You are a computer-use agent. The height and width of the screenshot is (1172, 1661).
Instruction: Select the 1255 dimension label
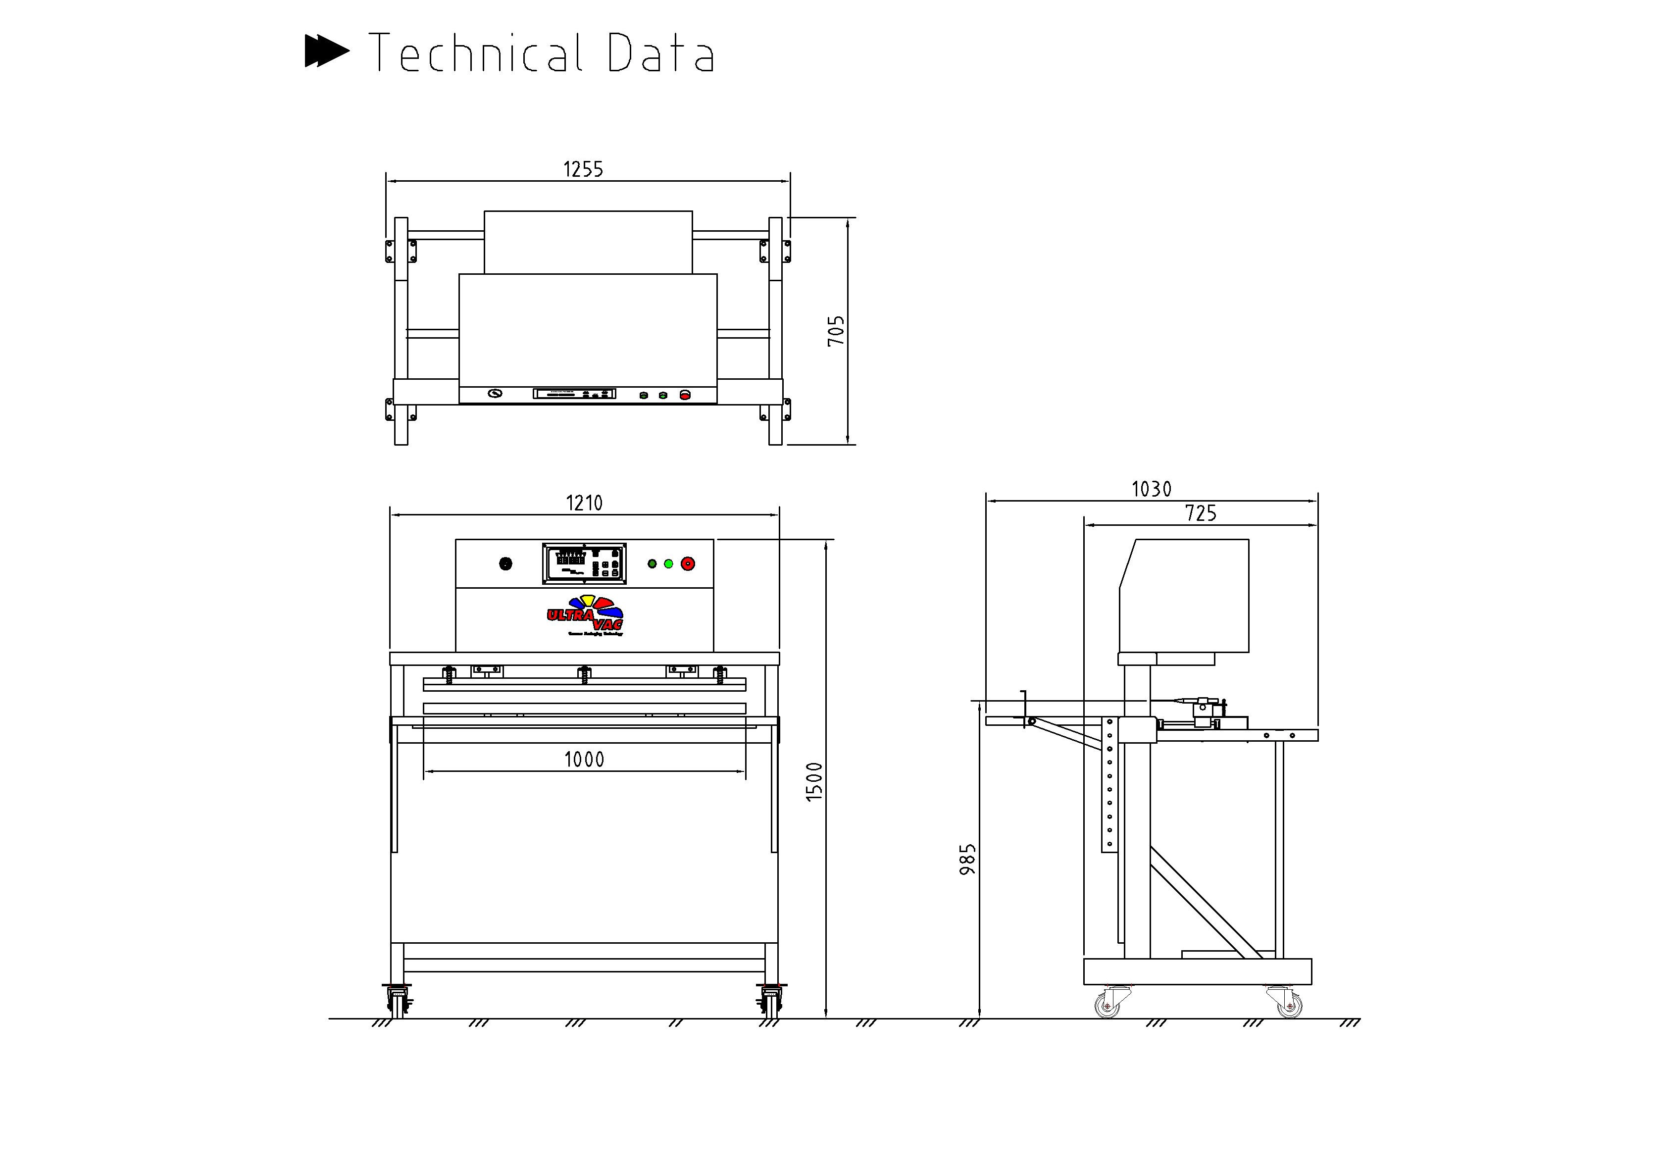(x=583, y=169)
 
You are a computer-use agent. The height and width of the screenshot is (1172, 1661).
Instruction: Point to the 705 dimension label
(x=836, y=331)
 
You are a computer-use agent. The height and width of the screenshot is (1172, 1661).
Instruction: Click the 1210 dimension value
(x=584, y=503)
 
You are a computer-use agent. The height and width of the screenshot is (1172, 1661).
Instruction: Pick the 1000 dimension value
(x=584, y=759)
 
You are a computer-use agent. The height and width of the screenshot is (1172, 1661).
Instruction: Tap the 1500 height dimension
(x=814, y=781)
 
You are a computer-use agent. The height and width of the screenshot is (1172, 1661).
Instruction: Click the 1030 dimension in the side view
(x=1151, y=490)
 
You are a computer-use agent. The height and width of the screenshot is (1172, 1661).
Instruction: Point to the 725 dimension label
(x=1200, y=513)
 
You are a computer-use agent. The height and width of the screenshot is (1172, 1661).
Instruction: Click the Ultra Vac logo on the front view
(x=585, y=615)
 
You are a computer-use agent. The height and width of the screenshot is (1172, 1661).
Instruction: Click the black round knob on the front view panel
(x=505, y=563)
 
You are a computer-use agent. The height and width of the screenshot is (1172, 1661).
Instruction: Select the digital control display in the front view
(x=584, y=563)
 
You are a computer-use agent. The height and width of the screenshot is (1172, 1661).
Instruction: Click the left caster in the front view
(x=399, y=1002)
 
